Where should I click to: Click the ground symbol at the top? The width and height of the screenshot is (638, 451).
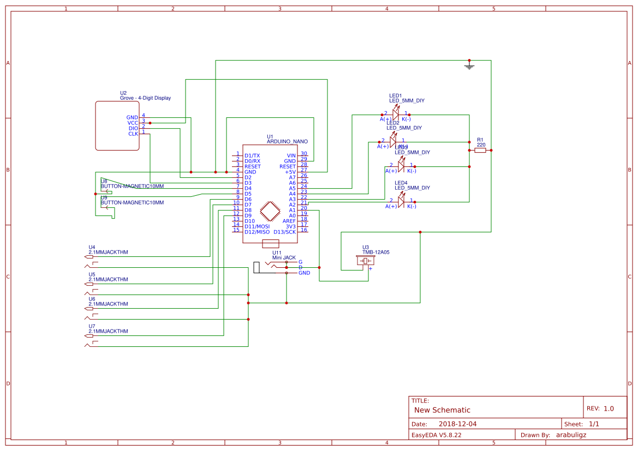[x=469, y=66]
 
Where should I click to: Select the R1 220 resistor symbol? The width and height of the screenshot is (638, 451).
[x=480, y=150]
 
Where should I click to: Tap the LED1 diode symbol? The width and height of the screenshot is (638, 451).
[x=396, y=115]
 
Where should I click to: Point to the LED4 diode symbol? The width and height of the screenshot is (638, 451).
[x=401, y=202]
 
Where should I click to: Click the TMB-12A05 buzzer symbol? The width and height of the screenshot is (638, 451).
[x=366, y=262]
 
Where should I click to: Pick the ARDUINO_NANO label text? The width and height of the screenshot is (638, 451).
[x=287, y=141]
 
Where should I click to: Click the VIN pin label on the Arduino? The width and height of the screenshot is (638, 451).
[x=291, y=155]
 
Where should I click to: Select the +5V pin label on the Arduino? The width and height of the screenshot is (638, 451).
[x=290, y=172]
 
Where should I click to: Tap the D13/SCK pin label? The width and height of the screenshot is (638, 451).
[x=284, y=232]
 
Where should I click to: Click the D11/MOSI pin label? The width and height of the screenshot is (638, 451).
[x=257, y=226]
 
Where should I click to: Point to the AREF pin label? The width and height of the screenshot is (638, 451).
[x=289, y=221]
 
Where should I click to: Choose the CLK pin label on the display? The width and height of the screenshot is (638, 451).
[x=133, y=134]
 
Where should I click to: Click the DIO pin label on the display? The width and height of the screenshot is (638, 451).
[x=133, y=128]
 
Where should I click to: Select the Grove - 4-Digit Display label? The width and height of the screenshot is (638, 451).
[x=145, y=98]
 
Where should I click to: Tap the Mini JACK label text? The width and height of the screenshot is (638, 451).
[x=284, y=257]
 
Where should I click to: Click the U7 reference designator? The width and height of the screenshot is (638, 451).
[x=92, y=326]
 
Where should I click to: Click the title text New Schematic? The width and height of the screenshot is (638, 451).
[x=442, y=410]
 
